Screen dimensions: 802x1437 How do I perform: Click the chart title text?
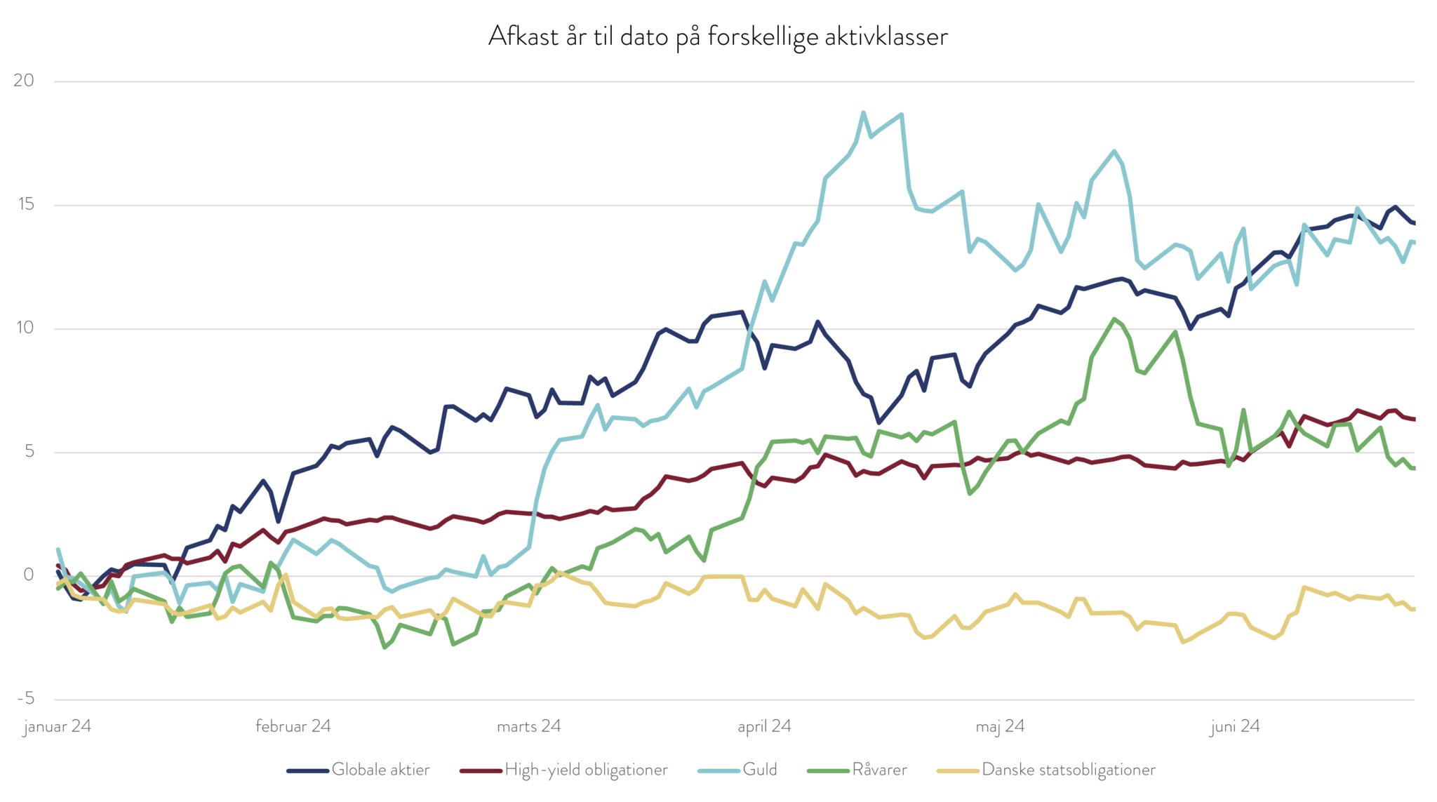click(x=718, y=36)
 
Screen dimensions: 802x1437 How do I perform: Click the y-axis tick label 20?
click(x=24, y=80)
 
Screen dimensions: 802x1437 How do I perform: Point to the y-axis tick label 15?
click(x=25, y=204)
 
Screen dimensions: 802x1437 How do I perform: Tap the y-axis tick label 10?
click(x=25, y=328)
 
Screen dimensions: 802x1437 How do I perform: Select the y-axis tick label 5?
click(x=29, y=451)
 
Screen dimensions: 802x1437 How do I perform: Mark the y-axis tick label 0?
click(x=29, y=575)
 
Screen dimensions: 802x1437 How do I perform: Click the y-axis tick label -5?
click(x=26, y=698)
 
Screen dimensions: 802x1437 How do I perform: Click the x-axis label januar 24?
click(x=58, y=726)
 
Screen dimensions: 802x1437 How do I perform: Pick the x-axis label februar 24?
click(x=293, y=726)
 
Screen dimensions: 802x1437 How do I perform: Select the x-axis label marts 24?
click(x=529, y=726)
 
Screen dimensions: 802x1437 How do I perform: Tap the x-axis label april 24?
click(x=764, y=726)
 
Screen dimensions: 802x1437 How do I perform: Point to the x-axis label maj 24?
click(x=1000, y=726)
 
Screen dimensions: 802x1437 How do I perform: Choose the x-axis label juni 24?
click(x=1235, y=726)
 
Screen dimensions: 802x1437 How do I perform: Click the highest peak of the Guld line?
click(x=863, y=112)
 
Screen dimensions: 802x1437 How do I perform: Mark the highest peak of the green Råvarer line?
click(x=1114, y=319)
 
